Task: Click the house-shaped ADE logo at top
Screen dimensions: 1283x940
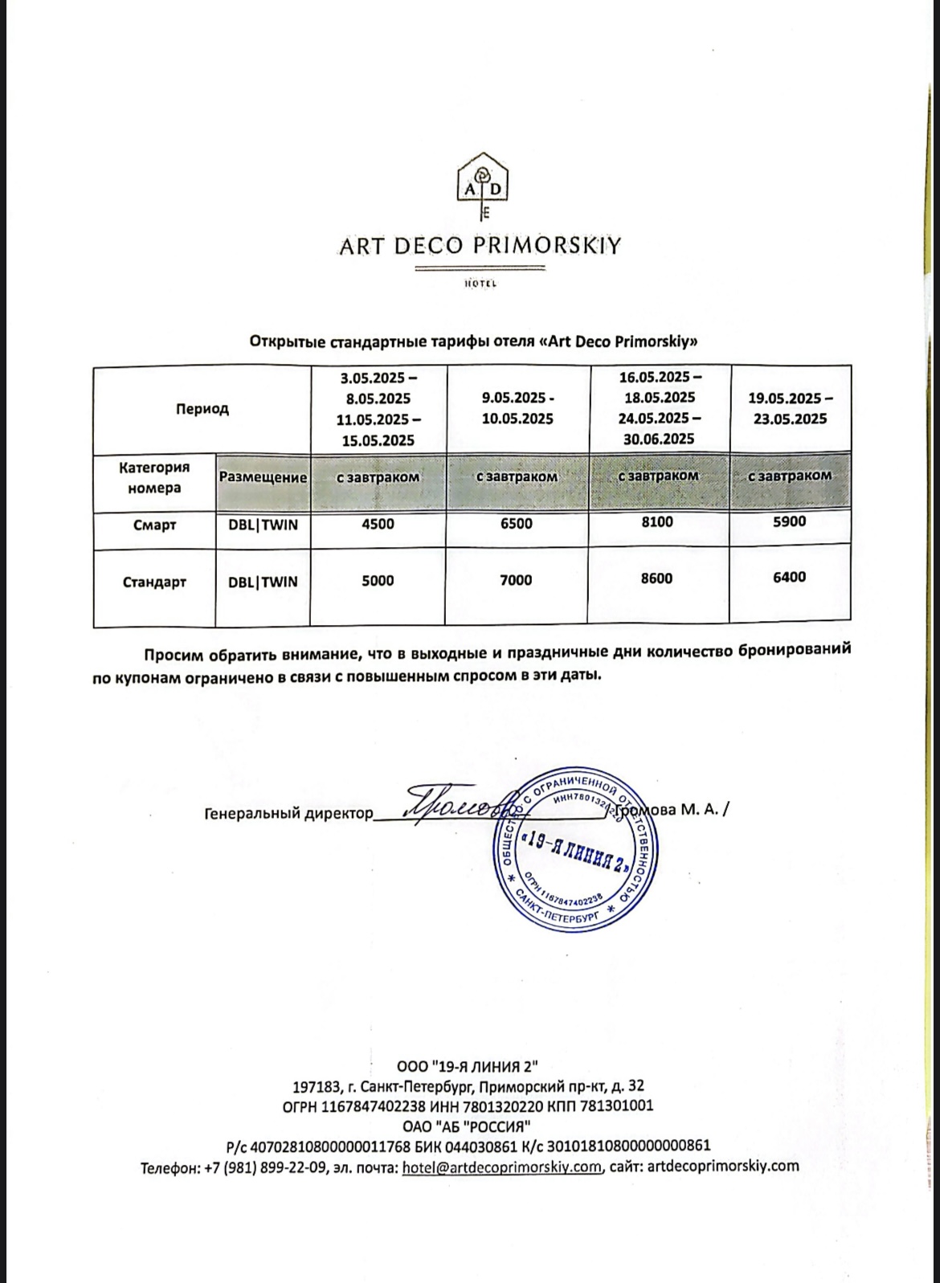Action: click(x=483, y=186)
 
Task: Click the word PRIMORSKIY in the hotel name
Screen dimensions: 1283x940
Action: click(x=546, y=246)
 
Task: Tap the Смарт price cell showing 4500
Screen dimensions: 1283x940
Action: click(x=378, y=525)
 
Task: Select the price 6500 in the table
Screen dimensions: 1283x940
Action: click(x=516, y=524)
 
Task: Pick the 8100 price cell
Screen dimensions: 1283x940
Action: click(x=657, y=522)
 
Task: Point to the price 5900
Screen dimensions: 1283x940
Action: click(x=789, y=521)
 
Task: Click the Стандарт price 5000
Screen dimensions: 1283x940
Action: click(x=378, y=581)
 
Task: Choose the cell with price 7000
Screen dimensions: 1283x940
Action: click(x=516, y=580)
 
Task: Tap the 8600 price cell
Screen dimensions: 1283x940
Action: click(x=656, y=578)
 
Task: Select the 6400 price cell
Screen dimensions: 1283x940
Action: click(x=789, y=577)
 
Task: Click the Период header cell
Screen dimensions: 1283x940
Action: click(x=202, y=409)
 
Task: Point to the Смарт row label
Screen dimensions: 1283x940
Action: click(x=154, y=525)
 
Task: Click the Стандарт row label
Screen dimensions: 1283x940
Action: click(x=154, y=582)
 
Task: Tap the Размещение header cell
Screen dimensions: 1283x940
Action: click(x=263, y=477)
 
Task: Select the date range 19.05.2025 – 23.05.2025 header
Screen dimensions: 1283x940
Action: click(x=791, y=408)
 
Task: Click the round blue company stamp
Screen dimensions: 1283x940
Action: click(x=574, y=850)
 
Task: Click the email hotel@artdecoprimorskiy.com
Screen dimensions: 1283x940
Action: click(x=501, y=1167)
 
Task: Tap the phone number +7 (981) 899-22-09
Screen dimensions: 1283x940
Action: click(x=266, y=1167)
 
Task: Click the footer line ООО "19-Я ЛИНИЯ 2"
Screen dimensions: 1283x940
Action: click(x=467, y=1067)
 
